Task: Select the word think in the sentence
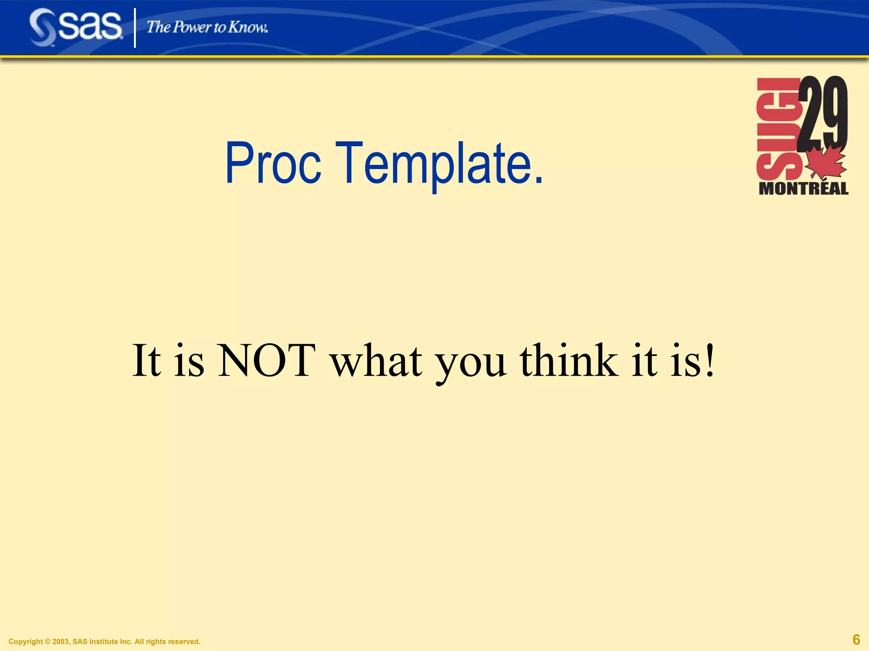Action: pyautogui.click(x=569, y=361)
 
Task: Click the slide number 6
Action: pyautogui.click(x=856, y=639)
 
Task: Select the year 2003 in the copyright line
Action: pyautogui.click(x=61, y=642)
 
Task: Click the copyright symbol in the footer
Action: pyautogui.click(x=48, y=642)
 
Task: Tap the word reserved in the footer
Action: pyautogui.click(x=184, y=642)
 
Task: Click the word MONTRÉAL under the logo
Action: pyautogui.click(x=803, y=189)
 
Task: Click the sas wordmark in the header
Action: pyautogui.click(x=90, y=26)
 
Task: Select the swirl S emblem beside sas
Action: pyautogui.click(x=42, y=28)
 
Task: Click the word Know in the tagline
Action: pyautogui.click(x=247, y=27)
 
